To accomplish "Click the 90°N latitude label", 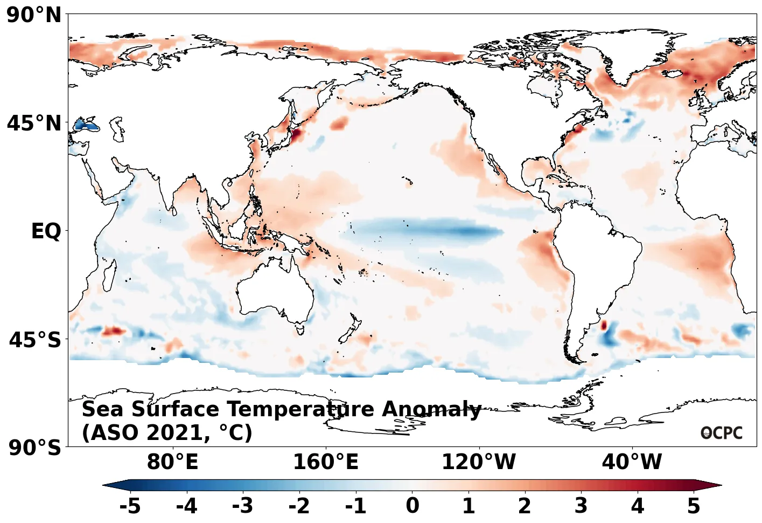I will tap(34, 15).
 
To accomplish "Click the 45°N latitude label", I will tap(34, 123).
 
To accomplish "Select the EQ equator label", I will tap(46, 231).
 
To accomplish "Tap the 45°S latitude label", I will tap(35, 340).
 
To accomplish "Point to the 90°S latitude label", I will tap(35, 448).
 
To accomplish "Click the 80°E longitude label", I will tap(172, 462).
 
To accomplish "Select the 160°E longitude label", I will tap(325, 462).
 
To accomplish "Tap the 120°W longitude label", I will tap(478, 462).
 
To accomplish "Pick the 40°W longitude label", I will tap(632, 462).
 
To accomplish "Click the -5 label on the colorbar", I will tap(130, 506).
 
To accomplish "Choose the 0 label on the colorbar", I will tap(413, 506).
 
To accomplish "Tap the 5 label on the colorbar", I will tap(694, 506).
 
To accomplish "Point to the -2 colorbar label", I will tap(299, 506).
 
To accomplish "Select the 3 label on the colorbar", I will tap(581, 506).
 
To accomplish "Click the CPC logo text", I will tap(722, 433).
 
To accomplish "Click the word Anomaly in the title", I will tap(431, 410).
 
